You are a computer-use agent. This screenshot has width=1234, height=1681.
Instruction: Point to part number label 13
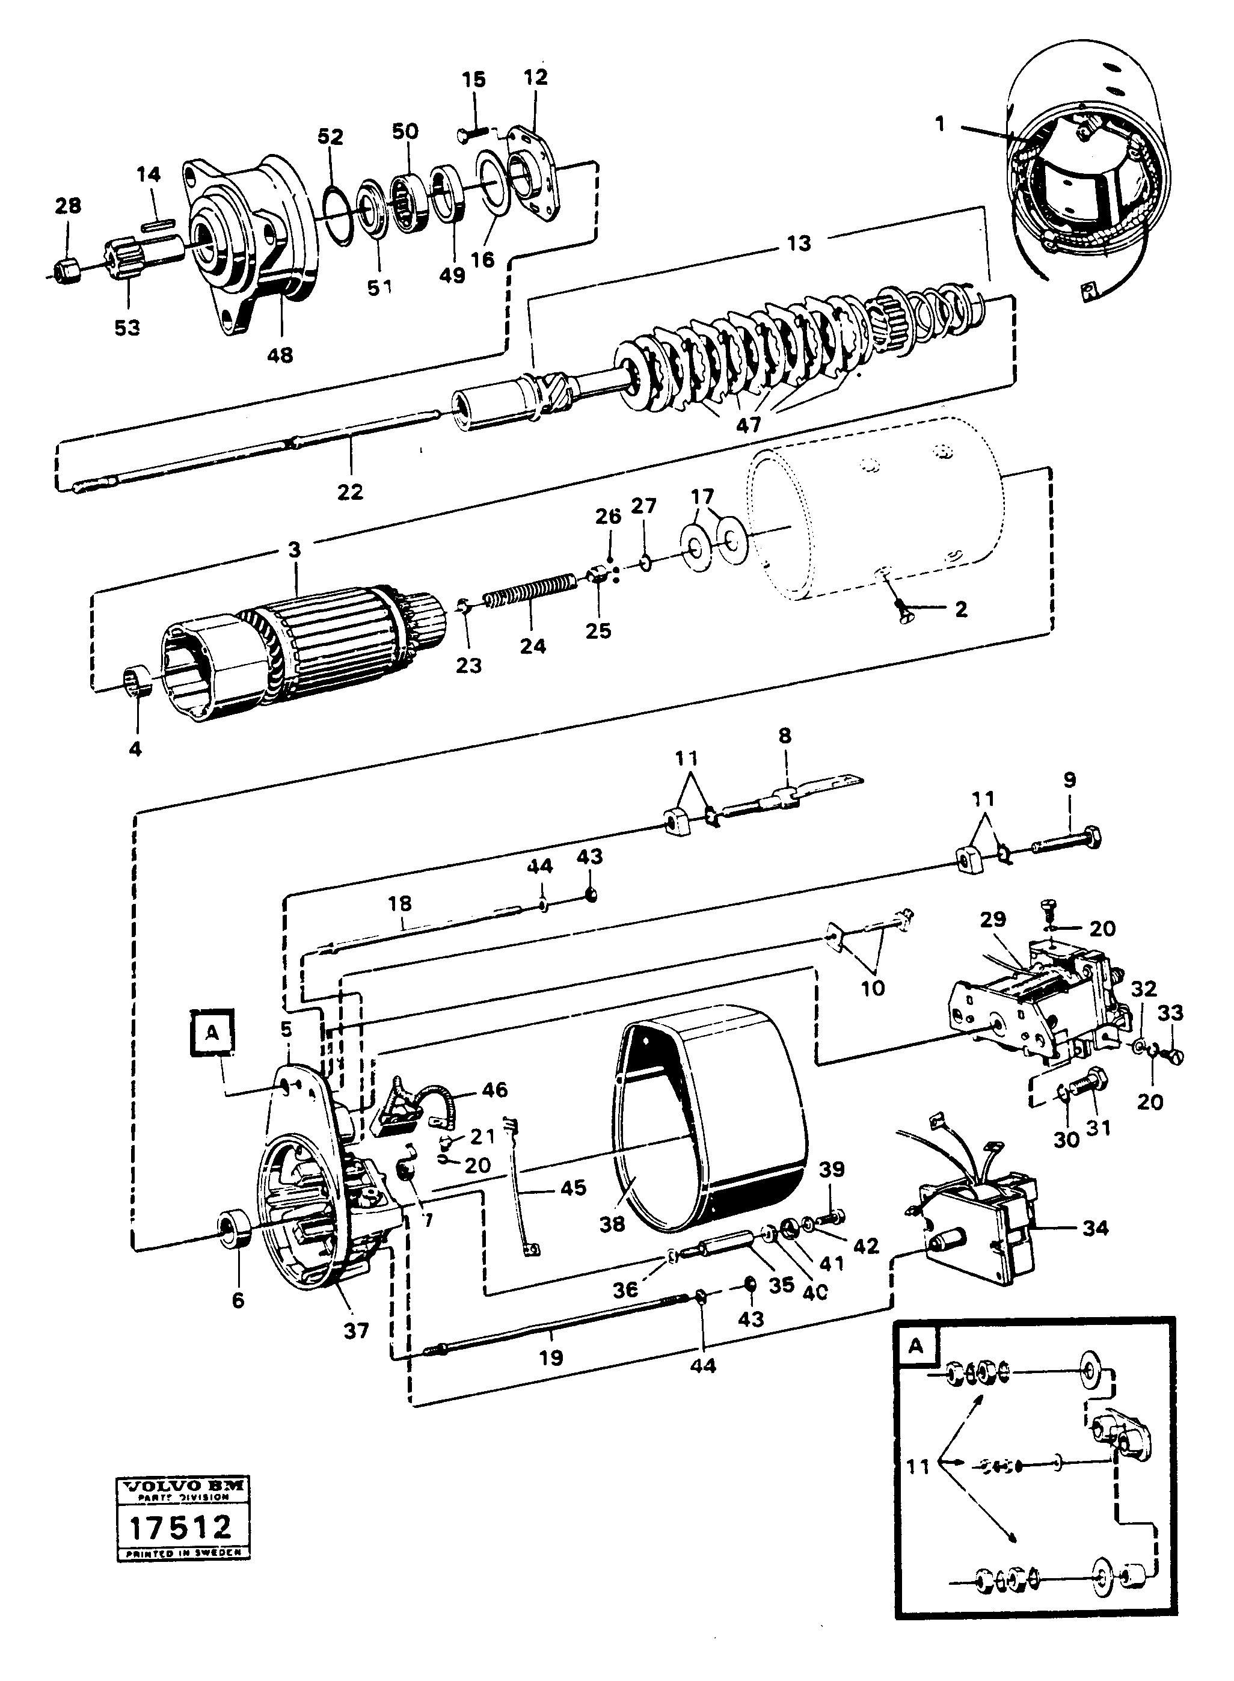tap(799, 244)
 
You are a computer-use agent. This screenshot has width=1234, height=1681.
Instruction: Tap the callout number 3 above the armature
tap(294, 550)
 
